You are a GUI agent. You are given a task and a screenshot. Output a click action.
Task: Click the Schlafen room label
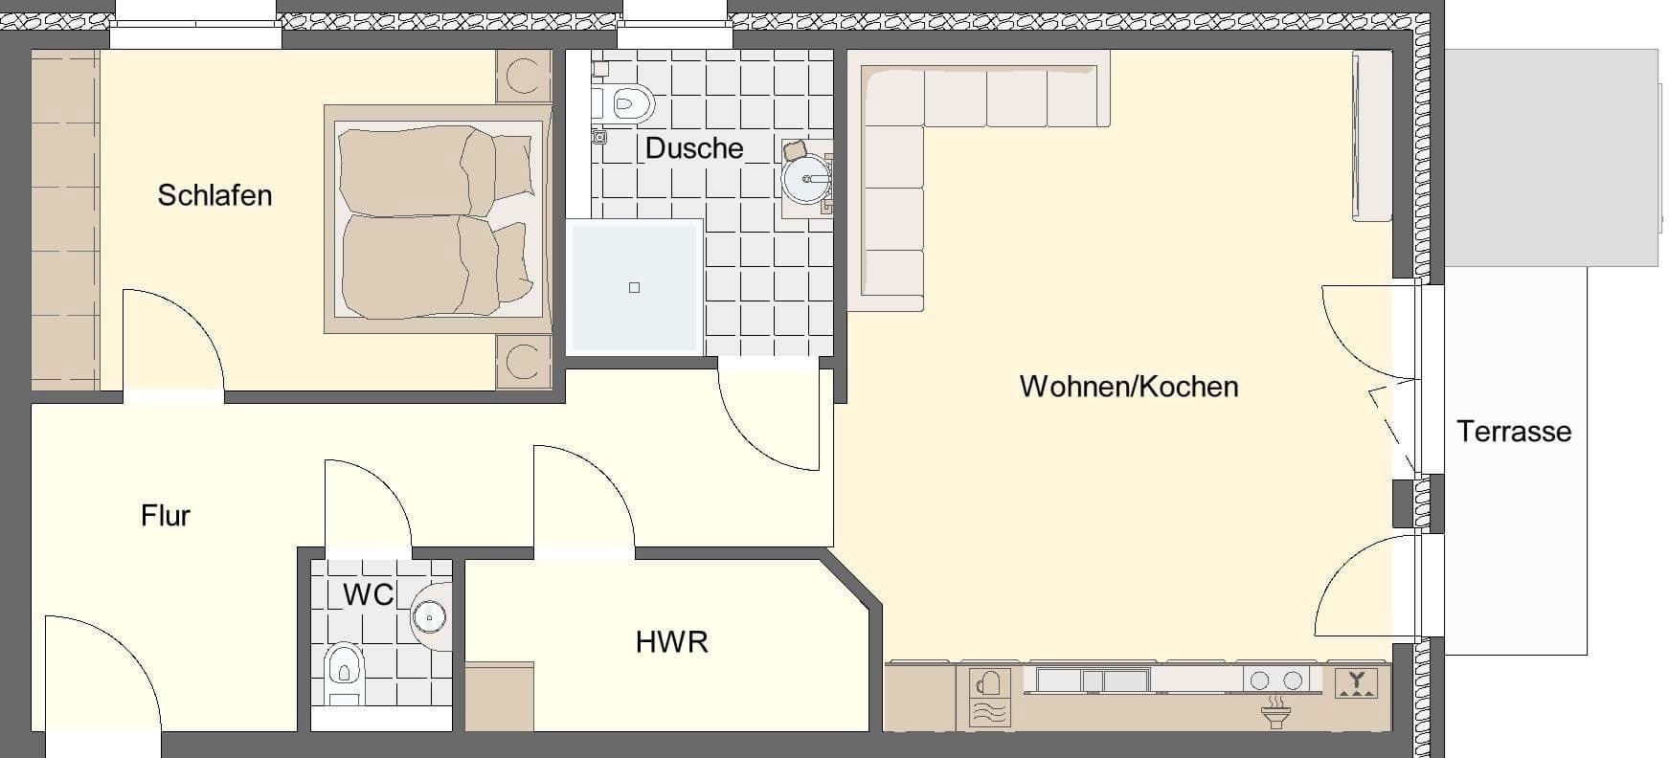[x=214, y=195]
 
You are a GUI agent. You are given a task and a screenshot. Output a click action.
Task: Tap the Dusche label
[x=694, y=148]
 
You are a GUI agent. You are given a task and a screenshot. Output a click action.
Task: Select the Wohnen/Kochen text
[x=1129, y=387]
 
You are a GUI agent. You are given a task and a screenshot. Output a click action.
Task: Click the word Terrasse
[x=1514, y=432]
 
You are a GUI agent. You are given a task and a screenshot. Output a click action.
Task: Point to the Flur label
[x=166, y=516]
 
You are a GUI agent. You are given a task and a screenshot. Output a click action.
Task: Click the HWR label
[x=671, y=642]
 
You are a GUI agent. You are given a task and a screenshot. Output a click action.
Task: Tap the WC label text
[x=368, y=594]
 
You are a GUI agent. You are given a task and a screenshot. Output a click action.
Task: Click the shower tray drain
[x=634, y=287]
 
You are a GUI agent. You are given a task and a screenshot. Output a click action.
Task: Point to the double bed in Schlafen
[x=436, y=220]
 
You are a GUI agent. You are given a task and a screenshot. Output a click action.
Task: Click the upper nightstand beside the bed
[x=522, y=77]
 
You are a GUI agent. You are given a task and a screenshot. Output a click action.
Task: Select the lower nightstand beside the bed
[x=522, y=362]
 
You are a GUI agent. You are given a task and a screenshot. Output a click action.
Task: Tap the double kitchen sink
[x=1093, y=680]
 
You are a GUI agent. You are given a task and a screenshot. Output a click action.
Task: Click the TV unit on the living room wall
[x=1371, y=136]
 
